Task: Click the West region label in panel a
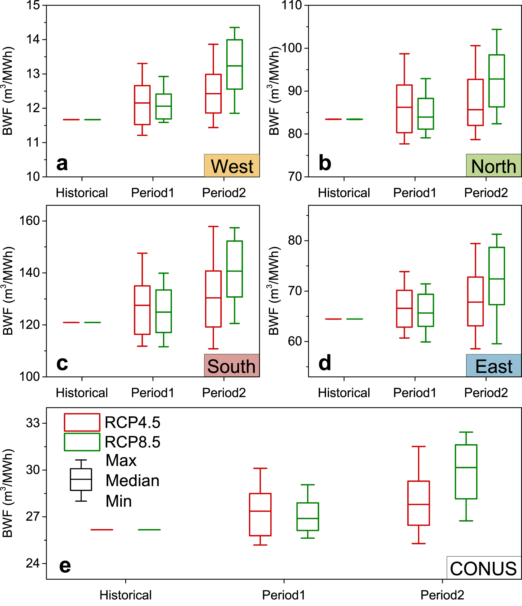[x=232, y=166]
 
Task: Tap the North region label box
[x=494, y=166]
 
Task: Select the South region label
[x=232, y=366]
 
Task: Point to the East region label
[x=494, y=366]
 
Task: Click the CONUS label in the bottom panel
[x=484, y=569]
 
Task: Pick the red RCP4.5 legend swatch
[x=82, y=422]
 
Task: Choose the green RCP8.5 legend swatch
[x=82, y=442]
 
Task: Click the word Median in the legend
[x=132, y=481]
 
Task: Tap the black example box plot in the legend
[x=81, y=480]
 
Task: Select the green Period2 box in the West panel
[x=235, y=64]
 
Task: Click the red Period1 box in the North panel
[x=404, y=109]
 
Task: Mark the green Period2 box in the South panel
[x=235, y=269]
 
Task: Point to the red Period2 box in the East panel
[x=475, y=301]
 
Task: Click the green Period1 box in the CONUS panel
[x=308, y=517]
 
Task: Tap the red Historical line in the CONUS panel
[x=102, y=530]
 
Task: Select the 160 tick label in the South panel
[x=30, y=221]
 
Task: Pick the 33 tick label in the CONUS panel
[x=33, y=423]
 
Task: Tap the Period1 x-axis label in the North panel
[x=415, y=193]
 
